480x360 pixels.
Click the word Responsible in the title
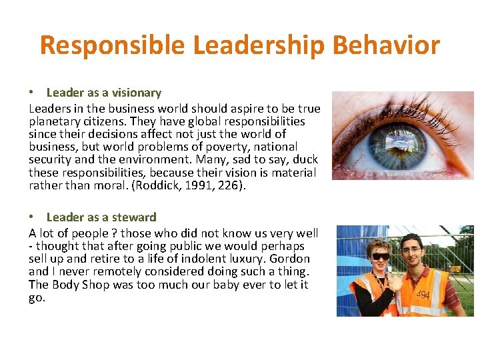point(112,45)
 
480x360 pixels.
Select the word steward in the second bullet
point(135,217)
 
